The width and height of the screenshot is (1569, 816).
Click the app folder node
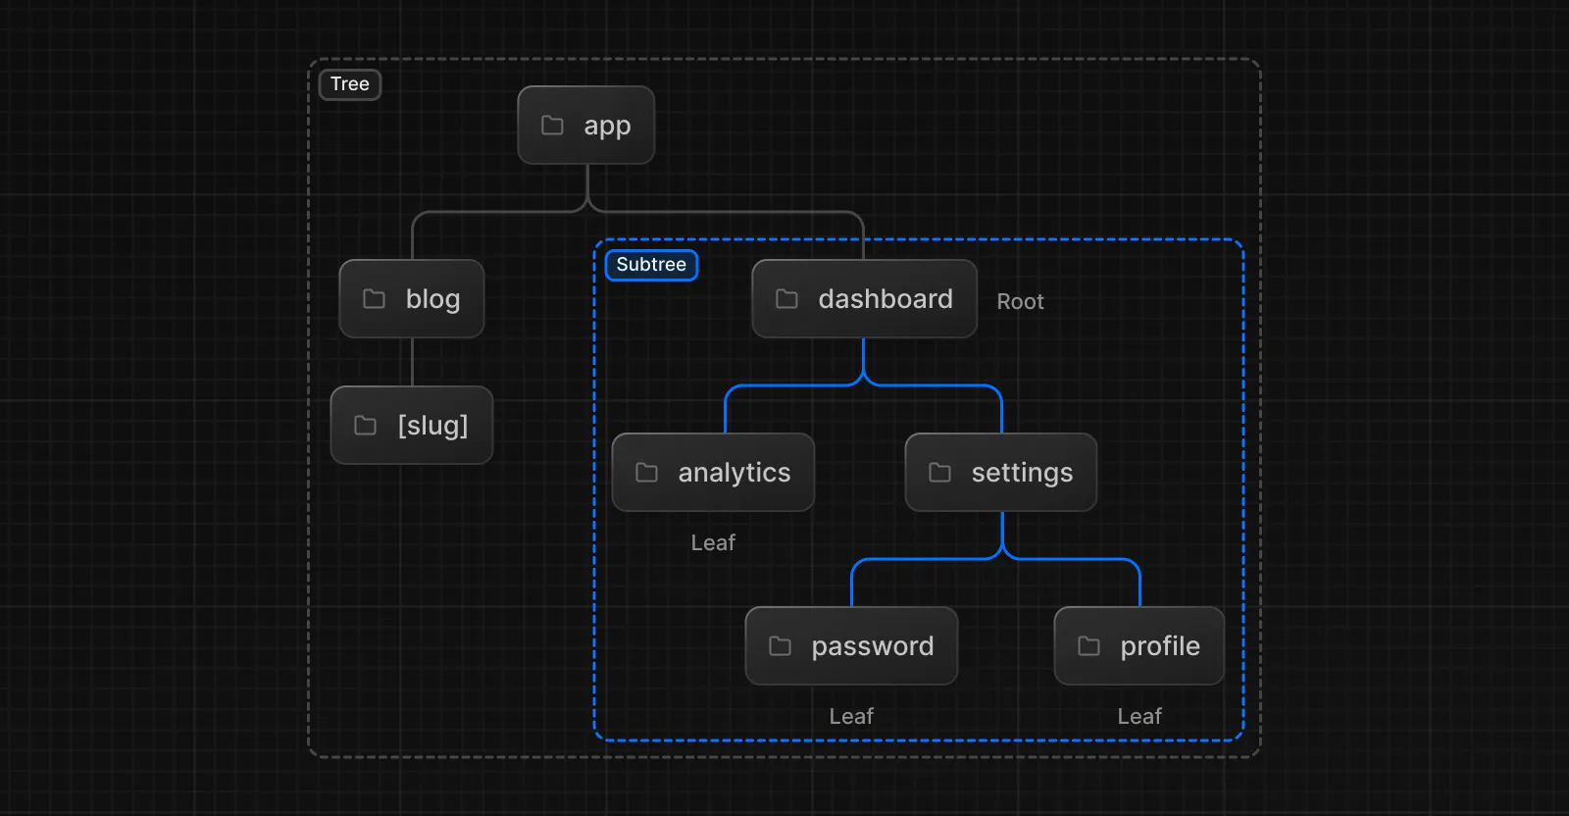(586, 126)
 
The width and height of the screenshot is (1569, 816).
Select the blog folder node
(412, 299)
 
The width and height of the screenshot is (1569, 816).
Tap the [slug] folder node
(412, 426)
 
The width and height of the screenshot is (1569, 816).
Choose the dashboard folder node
(864, 299)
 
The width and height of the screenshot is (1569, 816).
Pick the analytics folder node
(713, 473)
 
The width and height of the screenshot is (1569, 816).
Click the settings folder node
(1000, 473)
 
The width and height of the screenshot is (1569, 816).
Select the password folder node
(851, 646)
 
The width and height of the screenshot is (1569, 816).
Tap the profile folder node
(1139, 646)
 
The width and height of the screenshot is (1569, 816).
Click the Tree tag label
(350, 84)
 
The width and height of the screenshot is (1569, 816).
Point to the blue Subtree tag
(651, 265)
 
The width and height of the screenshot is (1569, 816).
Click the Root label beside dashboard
(1020, 302)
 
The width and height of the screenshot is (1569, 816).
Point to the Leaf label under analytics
(713, 543)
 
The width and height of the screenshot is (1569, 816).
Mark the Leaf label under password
(851, 717)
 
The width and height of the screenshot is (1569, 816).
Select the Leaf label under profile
(1139, 717)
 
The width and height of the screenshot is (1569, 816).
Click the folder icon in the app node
(553, 126)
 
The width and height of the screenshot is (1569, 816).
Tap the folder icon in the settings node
(939, 473)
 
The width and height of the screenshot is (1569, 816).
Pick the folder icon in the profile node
(1088, 646)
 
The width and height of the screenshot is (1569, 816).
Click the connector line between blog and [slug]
(412, 362)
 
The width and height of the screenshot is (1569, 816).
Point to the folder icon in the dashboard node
(786, 299)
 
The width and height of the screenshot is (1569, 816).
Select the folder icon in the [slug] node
(365, 426)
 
